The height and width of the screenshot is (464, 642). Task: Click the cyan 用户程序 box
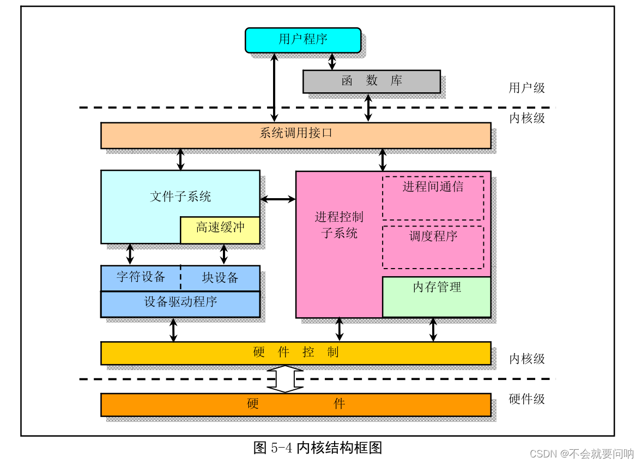coord(303,40)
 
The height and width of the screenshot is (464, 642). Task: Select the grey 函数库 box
coord(371,81)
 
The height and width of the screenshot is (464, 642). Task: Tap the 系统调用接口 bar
coord(295,135)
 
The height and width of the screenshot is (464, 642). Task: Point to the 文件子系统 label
coord(180,197)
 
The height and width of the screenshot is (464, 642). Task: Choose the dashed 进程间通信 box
coord(433,198)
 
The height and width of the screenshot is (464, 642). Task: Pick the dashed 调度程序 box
coord(433,247)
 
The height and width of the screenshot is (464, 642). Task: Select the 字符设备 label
coord(141,277)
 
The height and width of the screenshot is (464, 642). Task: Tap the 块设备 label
coord(220,278)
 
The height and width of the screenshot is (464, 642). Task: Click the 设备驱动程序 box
coord(180,304)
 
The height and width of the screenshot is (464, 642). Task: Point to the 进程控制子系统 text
coord(338,225)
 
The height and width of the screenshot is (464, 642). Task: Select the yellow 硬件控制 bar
coord(295,353)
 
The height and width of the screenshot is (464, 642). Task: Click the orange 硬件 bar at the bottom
coord(295,404)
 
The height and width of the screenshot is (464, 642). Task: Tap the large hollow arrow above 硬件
coord(284,379)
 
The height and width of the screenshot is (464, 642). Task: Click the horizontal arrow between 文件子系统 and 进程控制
coord(278,200)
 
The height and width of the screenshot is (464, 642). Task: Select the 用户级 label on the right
coord(526,88)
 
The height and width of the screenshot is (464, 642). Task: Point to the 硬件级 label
coord(526,399)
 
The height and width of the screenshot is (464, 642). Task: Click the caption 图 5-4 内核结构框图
coord(318,448)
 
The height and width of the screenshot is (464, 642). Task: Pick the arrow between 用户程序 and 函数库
coord(332,61)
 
